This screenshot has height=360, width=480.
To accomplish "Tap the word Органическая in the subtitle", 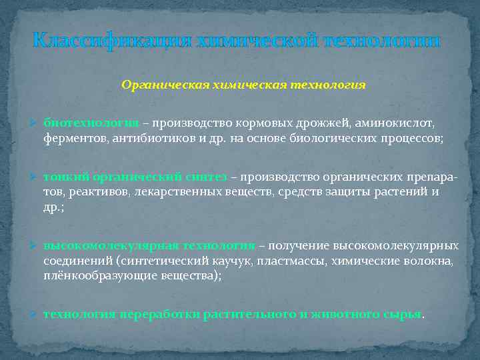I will (x=154, y=85).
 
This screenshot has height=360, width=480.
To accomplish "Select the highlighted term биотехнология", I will (x=91, y=124).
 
